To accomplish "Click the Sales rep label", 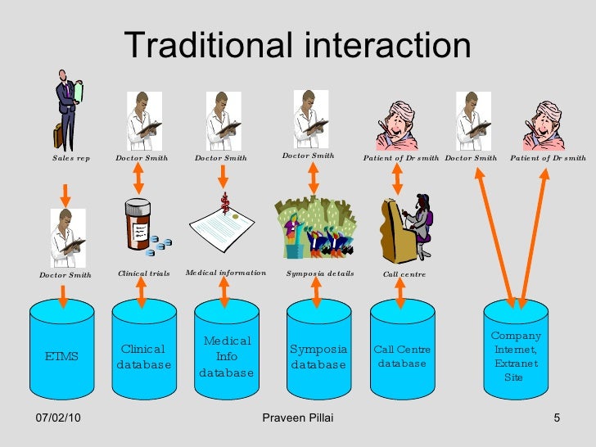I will point(70,158).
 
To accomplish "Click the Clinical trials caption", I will point(144,274).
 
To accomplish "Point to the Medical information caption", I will point(226,273).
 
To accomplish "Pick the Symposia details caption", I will point(319,273).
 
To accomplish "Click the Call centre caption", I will point(404,274).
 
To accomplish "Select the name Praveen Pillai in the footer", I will point(298,419).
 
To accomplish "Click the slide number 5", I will point(557,419).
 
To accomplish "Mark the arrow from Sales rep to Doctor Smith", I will point(65,190).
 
